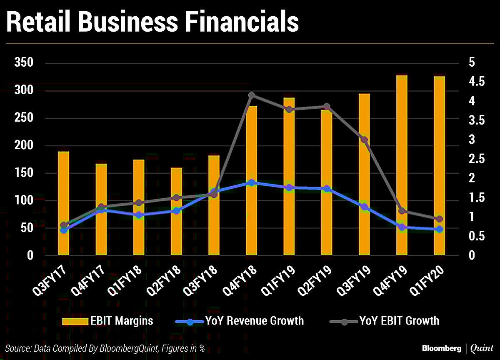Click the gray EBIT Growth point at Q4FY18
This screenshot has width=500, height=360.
point(251,95)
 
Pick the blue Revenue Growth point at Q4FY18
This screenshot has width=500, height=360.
point(251,182)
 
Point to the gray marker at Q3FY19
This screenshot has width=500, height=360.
point(364,140)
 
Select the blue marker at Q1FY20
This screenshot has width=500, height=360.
point(439,229)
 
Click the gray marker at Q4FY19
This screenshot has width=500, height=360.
point(402,211)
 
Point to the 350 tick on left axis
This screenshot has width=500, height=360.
point(24,63)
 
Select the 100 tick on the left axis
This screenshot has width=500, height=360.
point(24,200)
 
